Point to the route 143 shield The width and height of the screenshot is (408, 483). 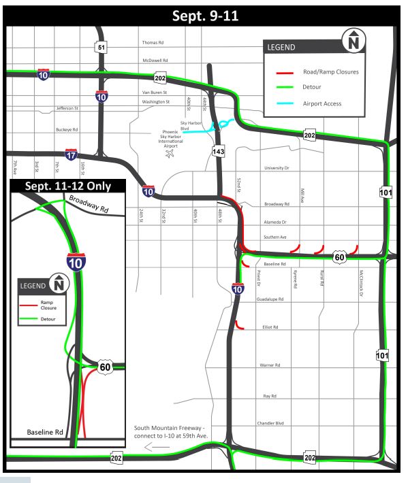coord(218,152)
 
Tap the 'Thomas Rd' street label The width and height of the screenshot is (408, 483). coord(153,42)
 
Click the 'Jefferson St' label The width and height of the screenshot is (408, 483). coord(67,108)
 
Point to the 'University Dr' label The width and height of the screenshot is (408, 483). coord(277,167)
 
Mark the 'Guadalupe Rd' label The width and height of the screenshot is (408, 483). coord(270,299)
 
